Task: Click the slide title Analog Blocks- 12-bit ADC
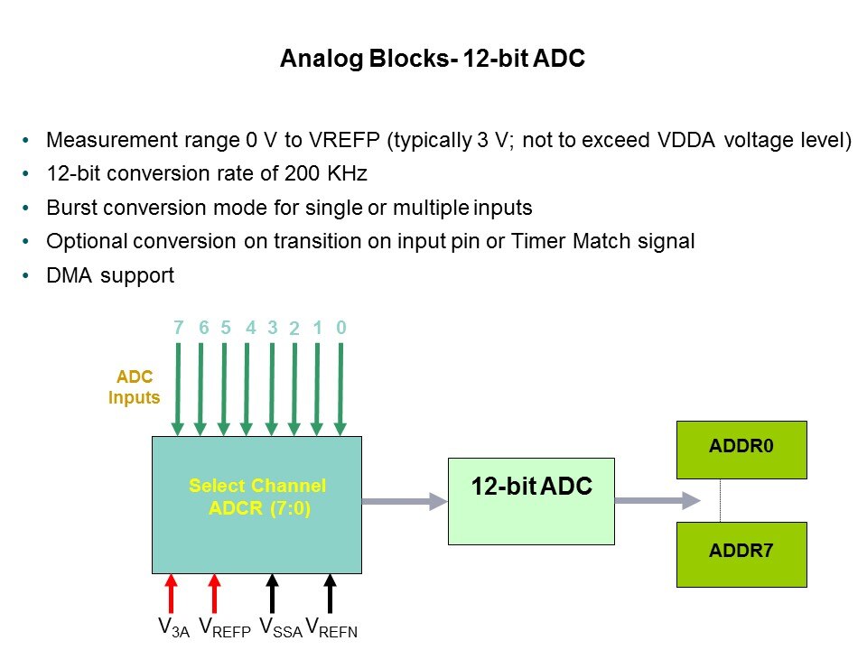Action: point(433,58)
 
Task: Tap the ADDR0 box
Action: point(741,450)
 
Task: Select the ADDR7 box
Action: point(741,554)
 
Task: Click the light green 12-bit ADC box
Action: point(531,501)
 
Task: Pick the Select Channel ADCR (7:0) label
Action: point(257,497)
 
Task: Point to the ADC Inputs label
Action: point(135,387)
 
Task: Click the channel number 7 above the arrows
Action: point(178,328)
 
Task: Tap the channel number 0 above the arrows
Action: point(341,328)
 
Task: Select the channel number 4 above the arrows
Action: point(251,328)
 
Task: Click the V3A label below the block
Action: point(173,627)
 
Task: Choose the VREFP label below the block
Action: point(225,627)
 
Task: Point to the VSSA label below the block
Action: point(281,627)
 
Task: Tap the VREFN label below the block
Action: point(331,627)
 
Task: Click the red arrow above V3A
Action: point(172,594)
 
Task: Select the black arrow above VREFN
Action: point(331,594)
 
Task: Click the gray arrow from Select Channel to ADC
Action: point(405,501)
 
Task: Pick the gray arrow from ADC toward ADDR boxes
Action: point(658,501)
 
